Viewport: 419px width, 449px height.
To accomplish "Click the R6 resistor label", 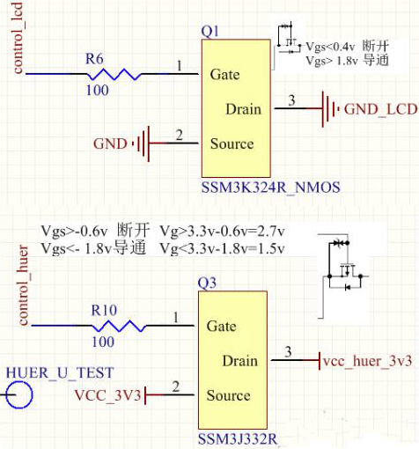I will (x=93, y=58).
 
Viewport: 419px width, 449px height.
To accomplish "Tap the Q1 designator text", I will (x=210, y=31).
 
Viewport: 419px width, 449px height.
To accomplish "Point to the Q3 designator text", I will (x=208, y=283).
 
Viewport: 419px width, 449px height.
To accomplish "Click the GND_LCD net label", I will (x=376, y=109).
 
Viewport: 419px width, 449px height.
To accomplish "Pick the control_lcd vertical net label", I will (x=18, y=40).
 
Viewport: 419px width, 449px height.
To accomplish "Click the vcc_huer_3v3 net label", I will (x=367, y=362).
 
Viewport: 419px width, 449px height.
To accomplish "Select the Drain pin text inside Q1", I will (x=244, y=109).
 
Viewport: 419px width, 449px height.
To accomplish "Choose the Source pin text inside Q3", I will (x=230, y=395).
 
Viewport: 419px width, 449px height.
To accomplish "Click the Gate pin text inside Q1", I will (x=225, y=75).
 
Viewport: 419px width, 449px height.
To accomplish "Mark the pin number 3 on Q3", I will (x=288, y=353).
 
